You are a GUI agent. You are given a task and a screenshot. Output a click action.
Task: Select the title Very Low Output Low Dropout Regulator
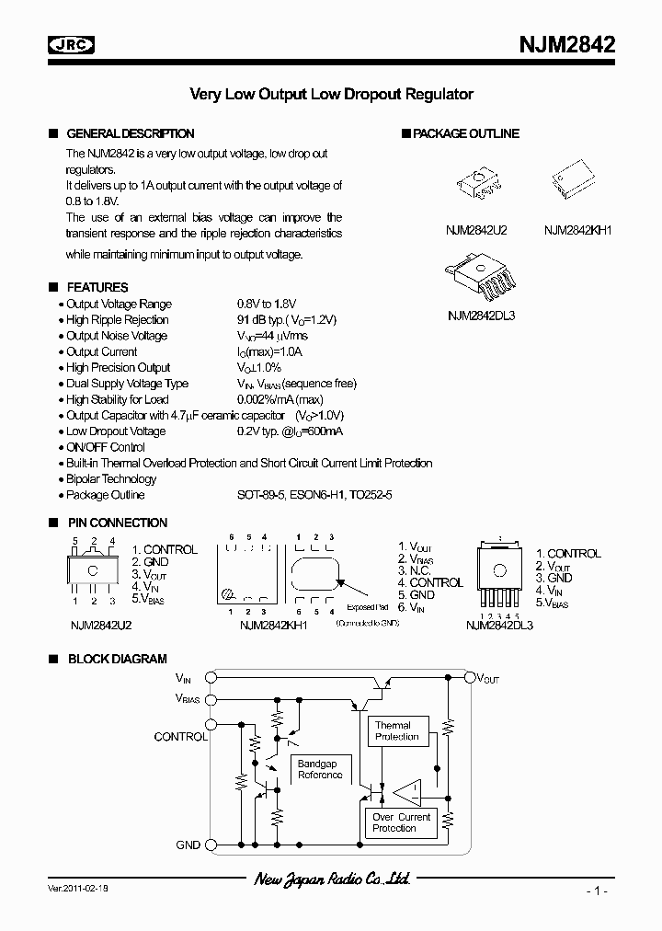tap(331, 94)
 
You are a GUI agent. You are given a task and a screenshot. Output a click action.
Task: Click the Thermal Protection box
tap(396, 731)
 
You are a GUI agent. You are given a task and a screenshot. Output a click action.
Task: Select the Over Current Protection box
tap(400, 822)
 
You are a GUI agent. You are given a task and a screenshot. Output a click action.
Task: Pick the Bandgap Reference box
tap(319, 769)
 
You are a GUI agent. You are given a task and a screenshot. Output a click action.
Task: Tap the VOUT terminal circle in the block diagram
tap(468, 678)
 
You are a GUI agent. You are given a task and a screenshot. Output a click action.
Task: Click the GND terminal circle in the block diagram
tap(211, 845)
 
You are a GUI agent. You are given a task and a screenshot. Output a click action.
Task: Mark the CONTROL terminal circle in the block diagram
tap(211, 724)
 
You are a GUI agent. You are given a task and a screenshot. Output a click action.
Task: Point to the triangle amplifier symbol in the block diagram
tap(406, 790)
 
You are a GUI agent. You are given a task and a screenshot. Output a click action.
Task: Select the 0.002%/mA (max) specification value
tap(280, 399)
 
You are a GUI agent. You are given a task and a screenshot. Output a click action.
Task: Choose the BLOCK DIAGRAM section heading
tap(117, 659)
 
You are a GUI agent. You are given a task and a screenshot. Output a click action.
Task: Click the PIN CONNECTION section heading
tap(117, 523)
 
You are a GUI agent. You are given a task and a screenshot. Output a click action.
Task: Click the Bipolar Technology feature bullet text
tap(111, 478)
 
